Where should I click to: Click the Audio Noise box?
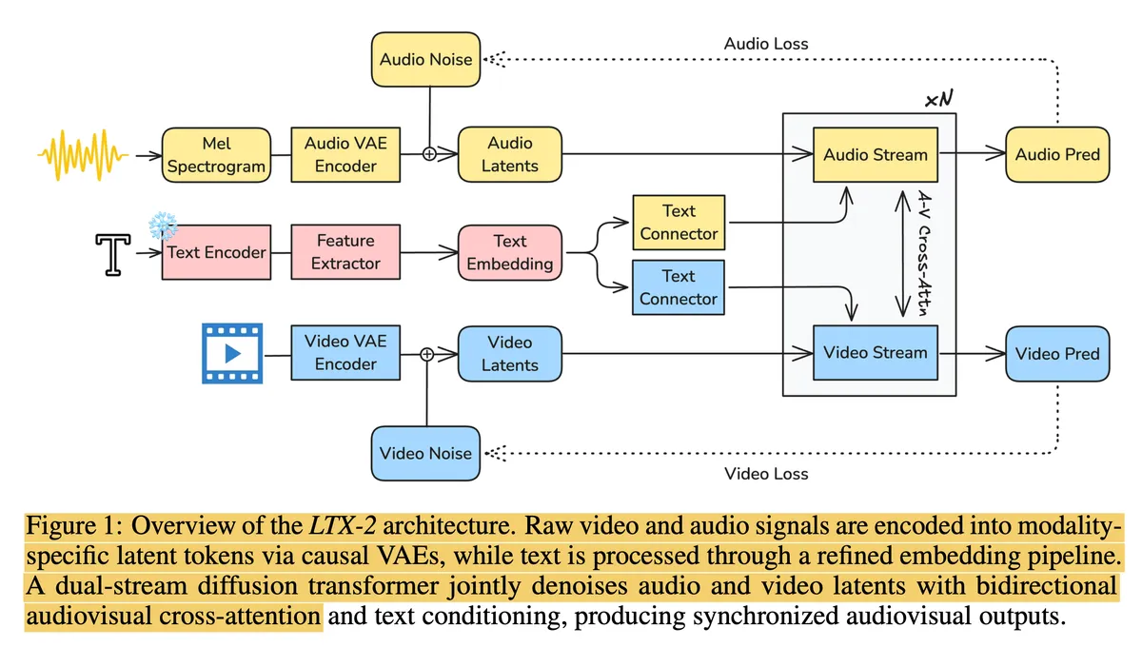pos(425,59)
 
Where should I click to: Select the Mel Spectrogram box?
pos(216,154)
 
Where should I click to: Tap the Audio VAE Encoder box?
pos(340,154)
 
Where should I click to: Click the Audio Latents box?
pos(510,154)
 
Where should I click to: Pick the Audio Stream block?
pos(875,154)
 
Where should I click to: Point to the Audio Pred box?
pos(1057,154)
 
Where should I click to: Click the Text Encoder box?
pos(216,253)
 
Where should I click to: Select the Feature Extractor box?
pos(345,252)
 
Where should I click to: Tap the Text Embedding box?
pos(510,253)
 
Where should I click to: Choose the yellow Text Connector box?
pos(679,223)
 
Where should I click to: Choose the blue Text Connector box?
pos(679,287)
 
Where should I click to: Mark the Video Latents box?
pos(510,353)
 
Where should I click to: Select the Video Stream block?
pos(875,353)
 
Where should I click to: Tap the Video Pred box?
pos(1057,353)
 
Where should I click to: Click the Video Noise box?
pos(425,453)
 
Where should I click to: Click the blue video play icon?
pos(231,353)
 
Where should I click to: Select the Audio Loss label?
pos(766,44)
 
